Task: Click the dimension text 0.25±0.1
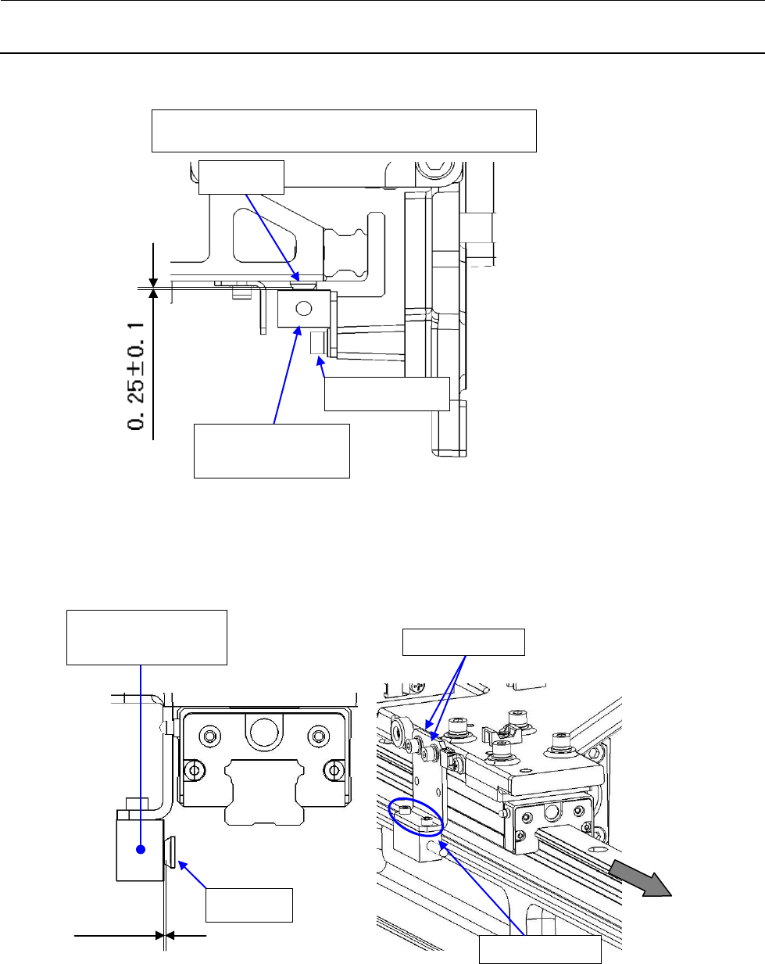(138, 373)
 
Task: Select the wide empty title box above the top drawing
(344, 131)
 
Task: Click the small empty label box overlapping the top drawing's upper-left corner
(241, 177)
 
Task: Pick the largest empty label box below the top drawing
(271, 450)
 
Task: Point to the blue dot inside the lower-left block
(141, 849)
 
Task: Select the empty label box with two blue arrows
(463, 641)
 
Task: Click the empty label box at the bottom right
(540, 949)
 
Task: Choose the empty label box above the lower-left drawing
(147, 637)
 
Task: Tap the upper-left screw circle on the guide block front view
(209, 736)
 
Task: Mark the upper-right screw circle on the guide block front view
(318, 736)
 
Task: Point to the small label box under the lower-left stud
(248, 905)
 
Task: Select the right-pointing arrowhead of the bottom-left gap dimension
(159, 934)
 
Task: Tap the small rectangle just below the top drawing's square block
(318, 343)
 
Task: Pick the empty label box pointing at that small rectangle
(387, 393)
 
